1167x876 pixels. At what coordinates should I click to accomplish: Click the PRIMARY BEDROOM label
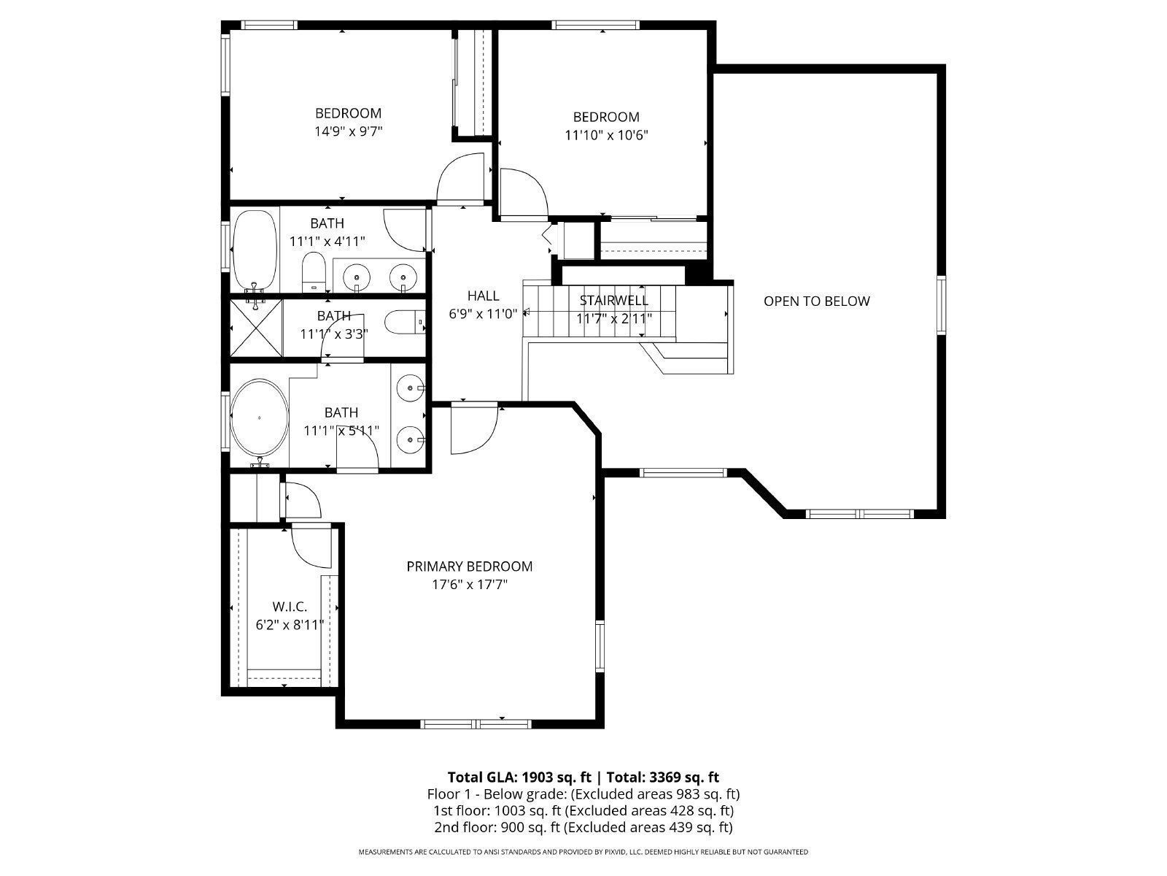[x=469, y=566]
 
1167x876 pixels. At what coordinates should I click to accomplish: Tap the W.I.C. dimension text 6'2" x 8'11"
[x=290, y=625]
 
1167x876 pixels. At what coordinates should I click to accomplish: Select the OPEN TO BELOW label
[x=816, y=301]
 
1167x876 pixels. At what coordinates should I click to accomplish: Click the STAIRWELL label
[x=613, y=301]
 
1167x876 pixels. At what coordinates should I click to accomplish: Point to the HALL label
[x=483, y=296]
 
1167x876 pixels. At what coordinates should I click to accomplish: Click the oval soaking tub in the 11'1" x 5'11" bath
[x=259, y=418]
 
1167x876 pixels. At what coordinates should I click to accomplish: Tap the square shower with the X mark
[x=255, y=327]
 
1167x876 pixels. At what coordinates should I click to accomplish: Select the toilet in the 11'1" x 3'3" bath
[x=401, y=322]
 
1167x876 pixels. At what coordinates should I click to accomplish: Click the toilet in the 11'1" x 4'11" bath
[x=313, y=272]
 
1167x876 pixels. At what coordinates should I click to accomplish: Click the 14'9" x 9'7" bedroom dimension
[x=349, y=132]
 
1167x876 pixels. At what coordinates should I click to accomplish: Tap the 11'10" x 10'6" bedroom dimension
[x=606, y=135]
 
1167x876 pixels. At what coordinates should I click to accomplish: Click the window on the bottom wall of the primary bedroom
[x=476, y=724]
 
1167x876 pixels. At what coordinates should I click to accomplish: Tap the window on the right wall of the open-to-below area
[x=941, y=305]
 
